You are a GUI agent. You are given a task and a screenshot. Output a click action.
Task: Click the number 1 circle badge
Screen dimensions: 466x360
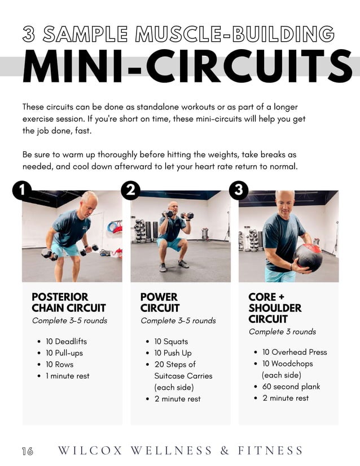coord(22,191)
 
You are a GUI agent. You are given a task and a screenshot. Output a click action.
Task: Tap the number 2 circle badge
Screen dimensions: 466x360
coord(130,191)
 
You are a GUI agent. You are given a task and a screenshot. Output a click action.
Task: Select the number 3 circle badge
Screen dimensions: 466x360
coord(239,191)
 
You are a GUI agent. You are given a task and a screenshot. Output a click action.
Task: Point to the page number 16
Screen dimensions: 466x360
coord(27,451)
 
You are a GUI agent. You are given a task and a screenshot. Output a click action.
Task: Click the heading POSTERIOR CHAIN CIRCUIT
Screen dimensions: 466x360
coord(68,302)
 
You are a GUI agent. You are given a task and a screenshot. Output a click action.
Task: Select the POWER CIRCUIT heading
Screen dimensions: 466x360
coord(160,302)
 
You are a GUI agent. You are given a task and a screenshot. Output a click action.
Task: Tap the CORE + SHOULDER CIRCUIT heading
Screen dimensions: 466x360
coord(275,308)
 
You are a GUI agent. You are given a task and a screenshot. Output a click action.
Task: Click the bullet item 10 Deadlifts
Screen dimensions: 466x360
coord(67,341)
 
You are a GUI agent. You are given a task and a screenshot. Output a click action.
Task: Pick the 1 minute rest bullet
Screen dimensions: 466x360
coord(68,376)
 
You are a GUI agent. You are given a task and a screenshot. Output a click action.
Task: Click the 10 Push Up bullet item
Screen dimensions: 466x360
coord(173,353)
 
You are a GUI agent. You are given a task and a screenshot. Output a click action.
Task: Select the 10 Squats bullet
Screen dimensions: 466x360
coord(171,341)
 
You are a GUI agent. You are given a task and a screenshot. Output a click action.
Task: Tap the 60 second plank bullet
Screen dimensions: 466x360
coord(291,386)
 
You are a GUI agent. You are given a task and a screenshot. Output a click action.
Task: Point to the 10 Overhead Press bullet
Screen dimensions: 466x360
coord(295,352)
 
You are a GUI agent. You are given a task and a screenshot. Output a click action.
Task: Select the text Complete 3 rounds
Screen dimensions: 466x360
coord(282,332)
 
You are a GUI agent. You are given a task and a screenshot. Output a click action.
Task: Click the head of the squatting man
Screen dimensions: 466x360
coord(172,206)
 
